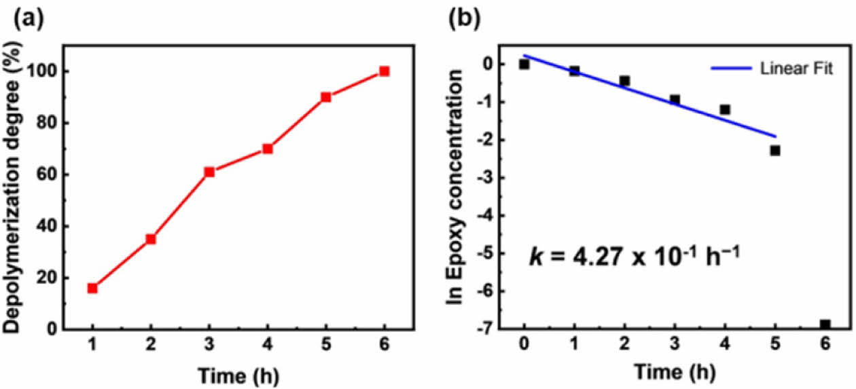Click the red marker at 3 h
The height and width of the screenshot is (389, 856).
click(209, 172)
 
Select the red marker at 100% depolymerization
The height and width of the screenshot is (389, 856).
click(385, 71)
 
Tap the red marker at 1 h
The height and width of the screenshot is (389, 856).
click(92, 288)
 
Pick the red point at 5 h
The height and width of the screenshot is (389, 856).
click(326, 96)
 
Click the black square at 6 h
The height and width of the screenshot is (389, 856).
click(825, 325)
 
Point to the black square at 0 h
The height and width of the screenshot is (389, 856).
click(524, 64)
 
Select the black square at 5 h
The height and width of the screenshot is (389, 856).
click(775, 150)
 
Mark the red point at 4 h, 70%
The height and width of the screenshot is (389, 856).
click(268, 148)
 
